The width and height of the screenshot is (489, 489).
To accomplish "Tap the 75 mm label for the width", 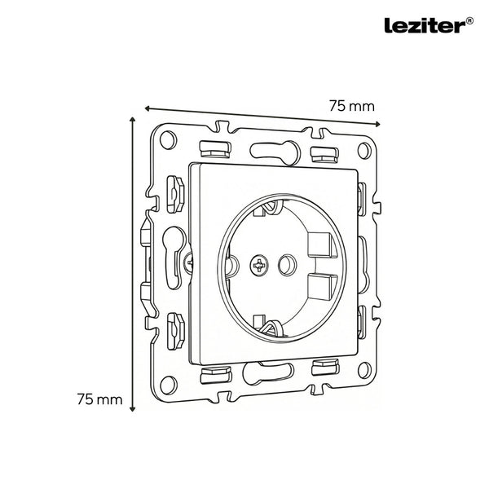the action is (x=352, y=106).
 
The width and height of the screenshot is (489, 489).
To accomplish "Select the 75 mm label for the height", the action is (x=99, y=399).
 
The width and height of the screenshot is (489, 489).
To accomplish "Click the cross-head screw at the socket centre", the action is (x=259, y=266).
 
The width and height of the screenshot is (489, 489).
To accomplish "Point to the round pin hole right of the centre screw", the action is (x=287, y=265).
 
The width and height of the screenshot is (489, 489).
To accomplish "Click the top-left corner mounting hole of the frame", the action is (x=168, y=140).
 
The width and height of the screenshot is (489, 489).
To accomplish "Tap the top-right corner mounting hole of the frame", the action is (x=364, y=151).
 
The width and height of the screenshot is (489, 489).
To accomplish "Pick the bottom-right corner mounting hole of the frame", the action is (x=364, y=370).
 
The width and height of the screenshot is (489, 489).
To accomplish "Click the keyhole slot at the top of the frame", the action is (x=275, y=151).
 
